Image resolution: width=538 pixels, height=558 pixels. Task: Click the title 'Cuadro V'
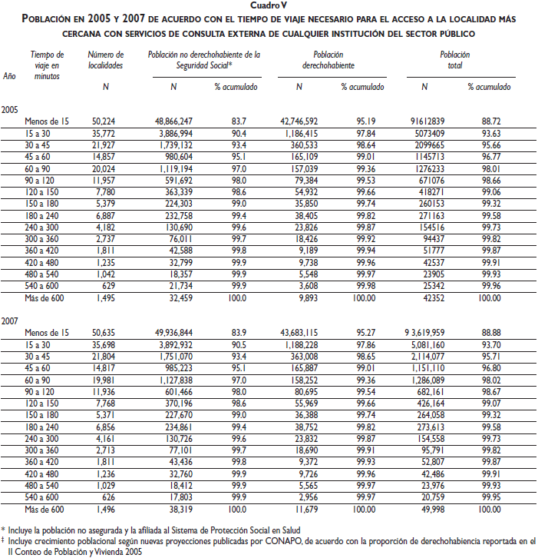point(269,5)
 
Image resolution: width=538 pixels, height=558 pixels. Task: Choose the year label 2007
point(10,318)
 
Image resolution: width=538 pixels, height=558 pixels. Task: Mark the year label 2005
point(10,108)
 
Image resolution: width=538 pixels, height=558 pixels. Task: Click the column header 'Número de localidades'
point(106,60)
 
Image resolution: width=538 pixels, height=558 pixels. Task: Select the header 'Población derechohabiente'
point(328,60)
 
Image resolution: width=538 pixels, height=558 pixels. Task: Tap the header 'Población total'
point(455,60)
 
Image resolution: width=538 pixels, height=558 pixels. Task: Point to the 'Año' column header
point(9,75)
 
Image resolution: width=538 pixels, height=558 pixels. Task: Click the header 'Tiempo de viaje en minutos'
point(48,65)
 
